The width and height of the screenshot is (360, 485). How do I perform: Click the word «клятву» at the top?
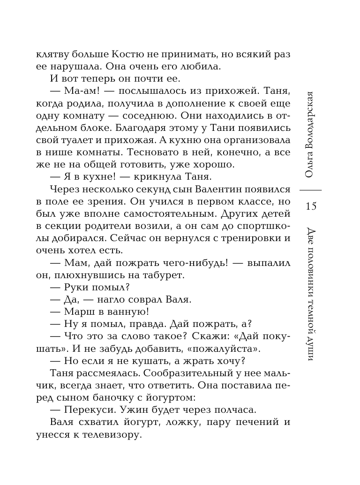[x=50, y=54]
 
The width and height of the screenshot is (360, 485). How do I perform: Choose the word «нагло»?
[x=103, y=298]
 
